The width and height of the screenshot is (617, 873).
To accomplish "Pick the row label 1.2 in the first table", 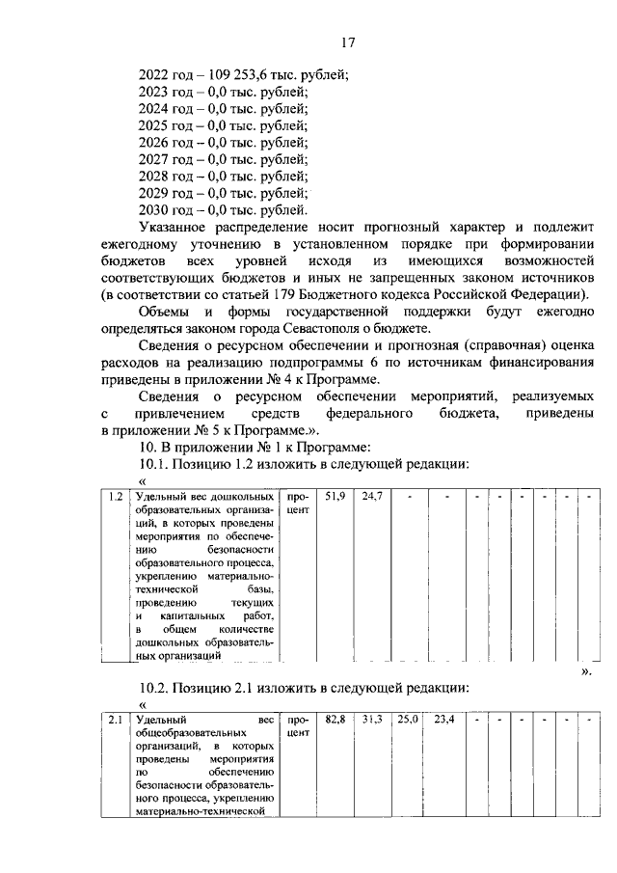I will coord(115,497).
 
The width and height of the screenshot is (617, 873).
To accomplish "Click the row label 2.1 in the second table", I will coord(115,720).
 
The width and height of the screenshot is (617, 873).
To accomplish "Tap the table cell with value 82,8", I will coord(335,720).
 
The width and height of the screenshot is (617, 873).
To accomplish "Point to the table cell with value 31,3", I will coord(372,720).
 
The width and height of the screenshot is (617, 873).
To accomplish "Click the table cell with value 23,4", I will coord(445,720).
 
